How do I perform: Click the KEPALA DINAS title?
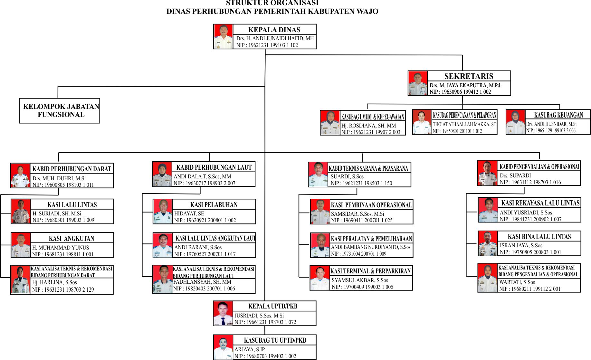274,30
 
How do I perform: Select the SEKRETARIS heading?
469,76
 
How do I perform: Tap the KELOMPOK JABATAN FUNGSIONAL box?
60,111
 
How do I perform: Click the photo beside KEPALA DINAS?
223,37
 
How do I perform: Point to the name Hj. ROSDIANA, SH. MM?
369,126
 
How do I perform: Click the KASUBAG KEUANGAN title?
558,115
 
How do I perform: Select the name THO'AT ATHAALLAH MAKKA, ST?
464,124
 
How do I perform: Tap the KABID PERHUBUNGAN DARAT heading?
72,169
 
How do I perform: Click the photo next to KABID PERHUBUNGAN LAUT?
162,174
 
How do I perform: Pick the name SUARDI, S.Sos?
347,176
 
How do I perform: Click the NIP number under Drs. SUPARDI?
530,182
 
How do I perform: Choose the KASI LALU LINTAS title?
72,205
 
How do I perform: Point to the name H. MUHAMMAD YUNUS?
61,248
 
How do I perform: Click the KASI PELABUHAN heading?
214,205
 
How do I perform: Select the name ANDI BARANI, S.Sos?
198,247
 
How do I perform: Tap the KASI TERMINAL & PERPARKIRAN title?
371,271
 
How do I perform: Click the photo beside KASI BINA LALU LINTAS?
488,243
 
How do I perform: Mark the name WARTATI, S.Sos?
517,282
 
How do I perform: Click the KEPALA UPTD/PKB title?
273,306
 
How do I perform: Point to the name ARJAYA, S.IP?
250,349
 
